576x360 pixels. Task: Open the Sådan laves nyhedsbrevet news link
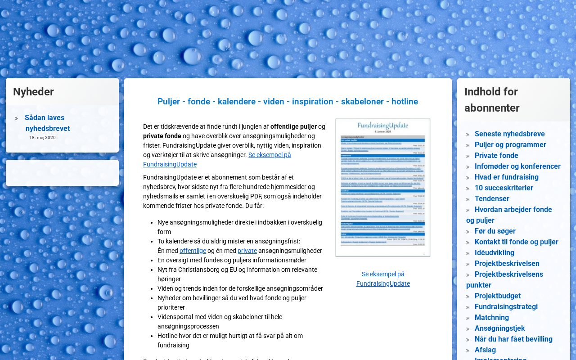47,123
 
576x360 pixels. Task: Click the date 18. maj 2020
43,138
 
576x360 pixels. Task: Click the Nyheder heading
33,92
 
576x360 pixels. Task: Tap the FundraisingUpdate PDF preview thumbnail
383,188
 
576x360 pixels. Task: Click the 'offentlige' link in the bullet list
193,251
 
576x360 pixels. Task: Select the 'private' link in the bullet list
247,251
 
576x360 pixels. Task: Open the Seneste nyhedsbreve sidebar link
509,134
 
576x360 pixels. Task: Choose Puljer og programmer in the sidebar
510,145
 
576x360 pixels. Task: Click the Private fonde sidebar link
496,156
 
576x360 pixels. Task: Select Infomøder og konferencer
517,166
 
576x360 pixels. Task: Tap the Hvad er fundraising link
506,177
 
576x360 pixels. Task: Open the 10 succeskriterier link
504,188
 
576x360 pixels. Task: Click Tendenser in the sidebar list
492,199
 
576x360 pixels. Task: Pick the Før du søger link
495,231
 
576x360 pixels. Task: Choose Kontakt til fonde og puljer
516,242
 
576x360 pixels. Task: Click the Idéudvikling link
494,253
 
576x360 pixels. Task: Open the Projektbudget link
497,296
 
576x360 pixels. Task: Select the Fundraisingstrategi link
506,307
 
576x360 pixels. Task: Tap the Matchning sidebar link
491,318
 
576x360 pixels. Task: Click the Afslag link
485,350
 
